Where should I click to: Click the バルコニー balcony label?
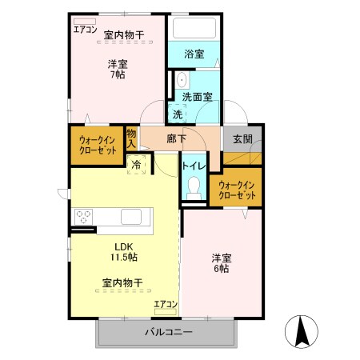coord(168,331)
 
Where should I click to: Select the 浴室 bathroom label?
coord(194,54)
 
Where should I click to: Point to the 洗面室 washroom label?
coord(197,96)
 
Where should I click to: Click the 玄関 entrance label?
coord(242,138)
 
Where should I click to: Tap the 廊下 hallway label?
coord(177,138)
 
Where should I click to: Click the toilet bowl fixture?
coord(192,186)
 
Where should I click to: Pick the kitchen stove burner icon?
coord(86,217)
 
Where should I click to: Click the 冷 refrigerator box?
coord(136,163)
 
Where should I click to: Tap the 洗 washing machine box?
coord(177,114)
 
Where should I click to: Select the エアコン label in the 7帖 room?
coord(85,30)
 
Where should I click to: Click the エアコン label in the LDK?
coord(165,304)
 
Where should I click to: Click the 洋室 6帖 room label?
coord(222,263)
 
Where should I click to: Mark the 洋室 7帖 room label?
coord(118,69)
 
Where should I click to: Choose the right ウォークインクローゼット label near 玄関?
coord(237,190)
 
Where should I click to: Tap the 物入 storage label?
coord(132,139)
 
